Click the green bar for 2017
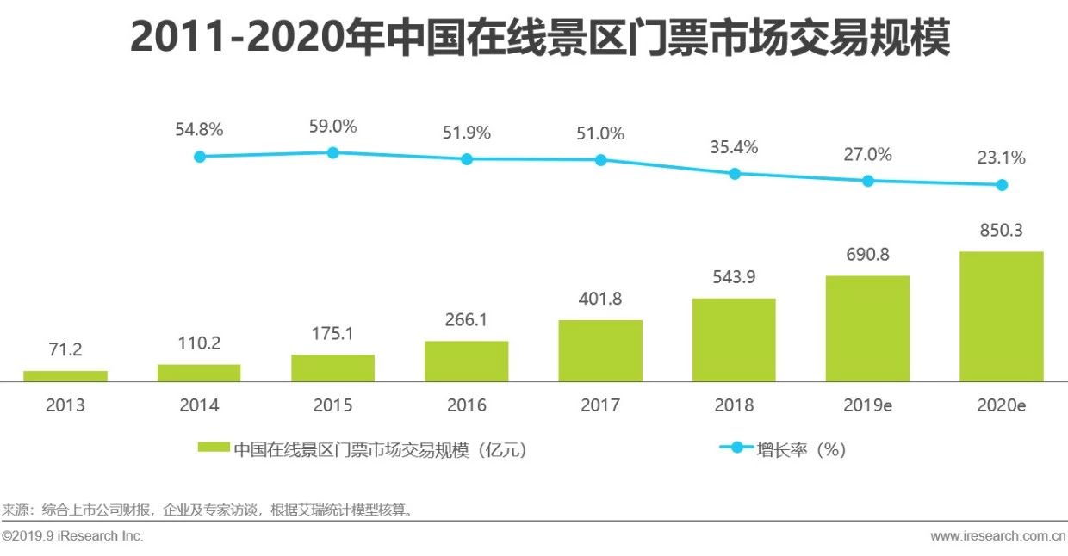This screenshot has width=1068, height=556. click(x=600, y=351)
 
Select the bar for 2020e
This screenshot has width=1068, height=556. click(x=1001, y=317)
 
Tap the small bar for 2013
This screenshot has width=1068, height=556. click(x=65, y=376)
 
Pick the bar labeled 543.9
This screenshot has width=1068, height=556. click(x=734, y=340)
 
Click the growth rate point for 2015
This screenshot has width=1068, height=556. click(x=332, y=152)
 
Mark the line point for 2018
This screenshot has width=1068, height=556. click(x=735, y=173)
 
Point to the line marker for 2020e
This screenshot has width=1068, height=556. click(x=1002, y=184)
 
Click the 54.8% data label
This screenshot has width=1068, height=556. click(x=199, y=130)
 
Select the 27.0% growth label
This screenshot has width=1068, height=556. click(x=867, y=155)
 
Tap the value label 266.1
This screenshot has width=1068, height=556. click(x=467, y=320)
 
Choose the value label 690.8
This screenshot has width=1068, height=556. click(x=867, y=255)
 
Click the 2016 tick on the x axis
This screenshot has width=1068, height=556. click(x=467, y=405)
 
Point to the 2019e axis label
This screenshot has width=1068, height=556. click(x=867, y=405)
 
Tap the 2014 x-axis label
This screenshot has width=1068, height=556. click(x=199, y=405)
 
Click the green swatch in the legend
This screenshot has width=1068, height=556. click(x=214, y=448)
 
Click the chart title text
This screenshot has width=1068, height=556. click(x=540, y=39)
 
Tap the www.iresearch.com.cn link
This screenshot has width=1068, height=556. click(x=998, y=536)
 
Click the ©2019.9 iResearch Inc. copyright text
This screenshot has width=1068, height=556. click(x=72, y=536)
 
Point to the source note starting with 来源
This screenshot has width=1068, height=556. click(x=208, y=510)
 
